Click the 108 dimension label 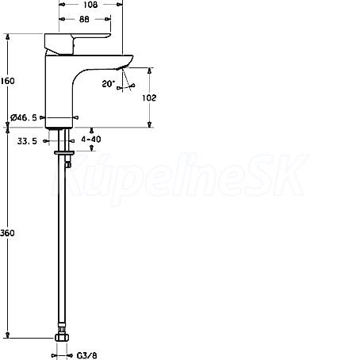90,5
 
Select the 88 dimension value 84,19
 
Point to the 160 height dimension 7,81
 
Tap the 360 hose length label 7,233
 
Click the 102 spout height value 149,98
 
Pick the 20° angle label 109,84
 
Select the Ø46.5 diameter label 24,117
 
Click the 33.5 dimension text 27,141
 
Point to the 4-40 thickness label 91,139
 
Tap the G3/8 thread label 87,355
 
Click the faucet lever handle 77,44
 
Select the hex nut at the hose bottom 62,338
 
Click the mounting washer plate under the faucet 64,152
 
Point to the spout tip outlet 120,68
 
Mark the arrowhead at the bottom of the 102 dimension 150,124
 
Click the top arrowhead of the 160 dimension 8,36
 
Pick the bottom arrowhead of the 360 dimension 8,335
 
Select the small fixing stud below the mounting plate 69,161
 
